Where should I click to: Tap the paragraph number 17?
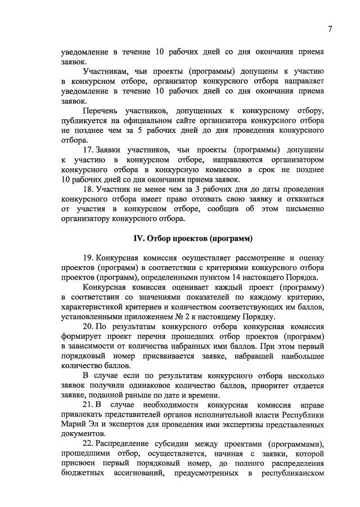click(88, 150)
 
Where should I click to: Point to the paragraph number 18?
click(88, 190)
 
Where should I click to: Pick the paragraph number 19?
click(88, 257)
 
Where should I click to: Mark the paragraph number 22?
click(88, 444)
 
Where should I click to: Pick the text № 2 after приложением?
click(155, 317)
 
